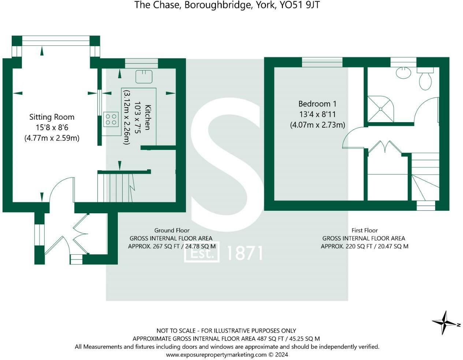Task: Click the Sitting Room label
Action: coord(52,117)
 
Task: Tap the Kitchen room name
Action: coord(148,117)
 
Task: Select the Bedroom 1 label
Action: coord(317,104)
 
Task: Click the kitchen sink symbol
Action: coord(144,76)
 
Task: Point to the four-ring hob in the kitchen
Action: coord(111,119)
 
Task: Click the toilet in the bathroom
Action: coord(425,78)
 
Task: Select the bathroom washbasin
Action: coord(403,72)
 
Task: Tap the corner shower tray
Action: coord(381,109)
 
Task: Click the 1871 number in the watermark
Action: coord(245,253)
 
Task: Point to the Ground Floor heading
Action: coord(172,230)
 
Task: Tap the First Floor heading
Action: coord(365,230)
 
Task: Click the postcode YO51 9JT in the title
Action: coord(299,5)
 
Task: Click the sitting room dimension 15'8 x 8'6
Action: coord(52,128)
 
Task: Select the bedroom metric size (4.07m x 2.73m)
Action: coord(317,125)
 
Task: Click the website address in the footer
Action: coord(216,355)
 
